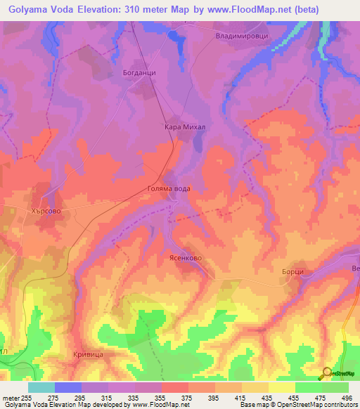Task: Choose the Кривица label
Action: coord(89,354)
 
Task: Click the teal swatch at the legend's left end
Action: coord(41,387)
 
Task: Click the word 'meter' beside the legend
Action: coord(10,397)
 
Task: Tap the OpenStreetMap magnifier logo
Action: coord(326,373)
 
